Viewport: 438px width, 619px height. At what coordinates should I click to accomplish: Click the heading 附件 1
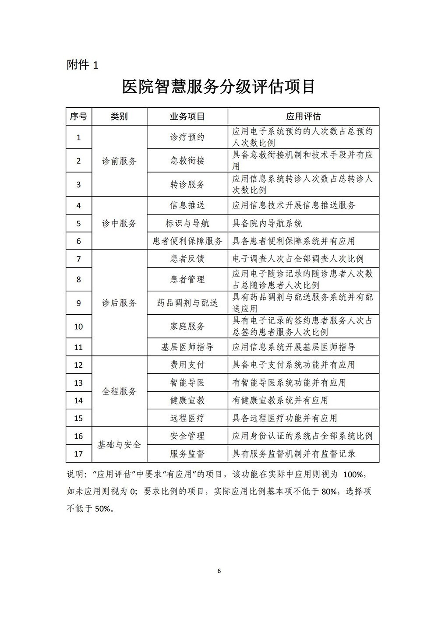(x=83, y=65)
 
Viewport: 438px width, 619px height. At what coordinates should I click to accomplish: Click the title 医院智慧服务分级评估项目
(x=219, y=87)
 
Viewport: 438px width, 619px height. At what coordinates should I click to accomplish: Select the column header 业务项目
(x=187, y=116)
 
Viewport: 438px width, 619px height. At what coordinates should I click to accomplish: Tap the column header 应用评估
(x=303, y=116)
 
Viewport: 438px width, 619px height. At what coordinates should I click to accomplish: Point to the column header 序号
(x=79, y=116)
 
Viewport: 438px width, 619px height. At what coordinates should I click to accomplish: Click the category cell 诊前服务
(x=119, y=161)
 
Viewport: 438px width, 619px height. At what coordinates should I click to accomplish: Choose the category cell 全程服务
(x=119, y=391)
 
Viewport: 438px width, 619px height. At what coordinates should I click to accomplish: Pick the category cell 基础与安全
(x=119, y=445)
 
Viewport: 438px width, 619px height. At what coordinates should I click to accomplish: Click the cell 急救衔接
(x=187, y=161)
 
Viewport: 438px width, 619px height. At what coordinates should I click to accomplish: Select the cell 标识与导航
(x=187, y=223)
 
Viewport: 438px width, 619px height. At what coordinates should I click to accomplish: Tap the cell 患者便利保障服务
(x=187, y=241)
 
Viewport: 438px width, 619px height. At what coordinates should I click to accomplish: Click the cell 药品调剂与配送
(x=187, y=303)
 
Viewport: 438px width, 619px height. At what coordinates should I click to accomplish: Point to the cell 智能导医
(x=187, y=383)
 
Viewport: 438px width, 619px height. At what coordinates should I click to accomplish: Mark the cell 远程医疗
(x=187, y=418)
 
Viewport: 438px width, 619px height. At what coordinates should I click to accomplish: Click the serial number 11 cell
(x=79, y=347)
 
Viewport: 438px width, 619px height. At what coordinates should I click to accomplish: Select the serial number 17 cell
(x=79, y=454)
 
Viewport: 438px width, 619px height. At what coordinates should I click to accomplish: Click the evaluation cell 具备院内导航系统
(x=267, y=223)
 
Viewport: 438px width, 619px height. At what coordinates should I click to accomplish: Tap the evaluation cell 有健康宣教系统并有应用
(x=280, y=400)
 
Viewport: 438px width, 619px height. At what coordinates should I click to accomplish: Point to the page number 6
(x=219, y=571)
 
